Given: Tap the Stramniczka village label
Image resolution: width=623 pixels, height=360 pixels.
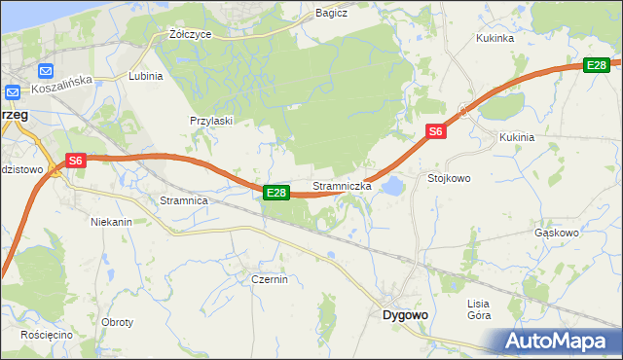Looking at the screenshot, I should tap(342, 185).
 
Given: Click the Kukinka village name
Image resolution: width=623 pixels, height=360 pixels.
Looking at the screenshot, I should tap(495, 39).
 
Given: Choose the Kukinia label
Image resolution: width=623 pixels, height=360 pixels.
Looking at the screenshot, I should tap(517, 137).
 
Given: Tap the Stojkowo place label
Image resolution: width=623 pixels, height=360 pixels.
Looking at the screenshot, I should tap(449, 179).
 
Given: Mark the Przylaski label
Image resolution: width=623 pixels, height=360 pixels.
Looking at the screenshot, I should tap(210, 121).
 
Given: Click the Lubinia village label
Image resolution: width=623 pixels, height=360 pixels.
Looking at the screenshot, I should tap(145, 75).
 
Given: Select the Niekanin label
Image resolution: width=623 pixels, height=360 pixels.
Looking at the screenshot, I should tap(111, 222).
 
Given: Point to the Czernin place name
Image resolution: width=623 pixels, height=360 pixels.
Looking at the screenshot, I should tap(270, 279).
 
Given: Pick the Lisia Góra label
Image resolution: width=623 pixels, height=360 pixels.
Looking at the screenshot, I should tap(478, 309).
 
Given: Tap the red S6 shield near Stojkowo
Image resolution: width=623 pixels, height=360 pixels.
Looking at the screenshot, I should tap(435, 131).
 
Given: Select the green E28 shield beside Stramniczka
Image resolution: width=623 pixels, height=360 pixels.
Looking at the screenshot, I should tap(276, 194).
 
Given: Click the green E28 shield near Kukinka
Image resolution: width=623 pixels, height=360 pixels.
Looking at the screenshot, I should tap(597, 65).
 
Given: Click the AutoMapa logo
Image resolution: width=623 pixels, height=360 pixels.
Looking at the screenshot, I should tap(558, 341).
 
